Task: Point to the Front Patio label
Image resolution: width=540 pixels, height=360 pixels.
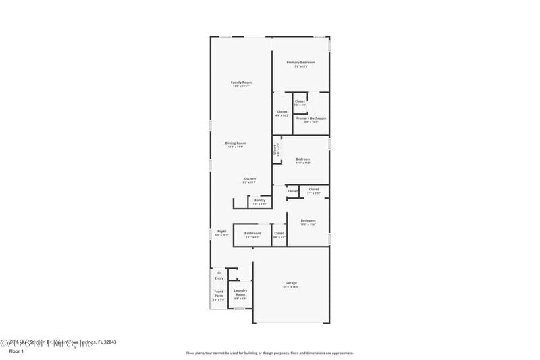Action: pos(219,294)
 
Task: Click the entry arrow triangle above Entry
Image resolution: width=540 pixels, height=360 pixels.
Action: pos(219,272)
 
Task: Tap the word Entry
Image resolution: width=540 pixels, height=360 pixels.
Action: pos(219,278)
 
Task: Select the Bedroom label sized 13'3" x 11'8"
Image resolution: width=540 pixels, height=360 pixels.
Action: pos(303,161)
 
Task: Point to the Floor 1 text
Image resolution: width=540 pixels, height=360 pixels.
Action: pos(16,351)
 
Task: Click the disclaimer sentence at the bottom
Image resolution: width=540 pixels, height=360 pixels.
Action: pos(269,353)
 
